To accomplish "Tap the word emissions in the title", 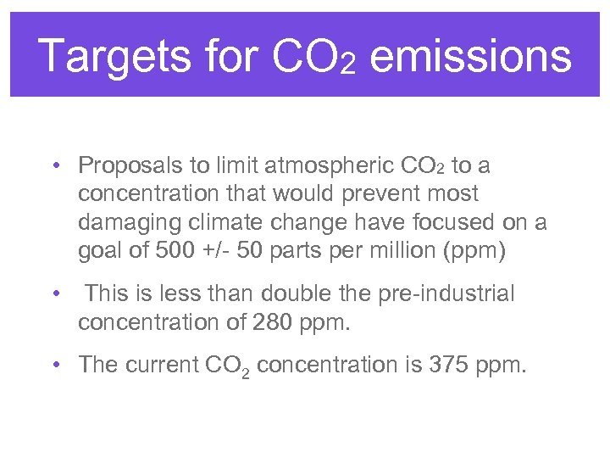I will click(x=471, y=58).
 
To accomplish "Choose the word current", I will click(x=161, y=366).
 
